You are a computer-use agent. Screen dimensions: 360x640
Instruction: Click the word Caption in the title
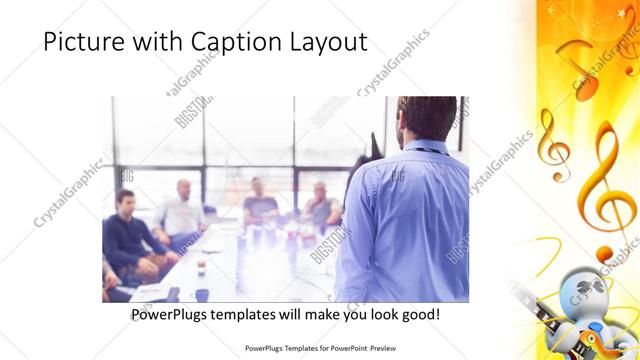pyautogui.click(x=217, y=43)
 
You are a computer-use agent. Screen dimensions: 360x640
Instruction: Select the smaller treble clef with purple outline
pyautogui.click(x=552, y=145)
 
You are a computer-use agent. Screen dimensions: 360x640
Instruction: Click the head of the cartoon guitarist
pyautogui.click(x=581, y=289)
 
